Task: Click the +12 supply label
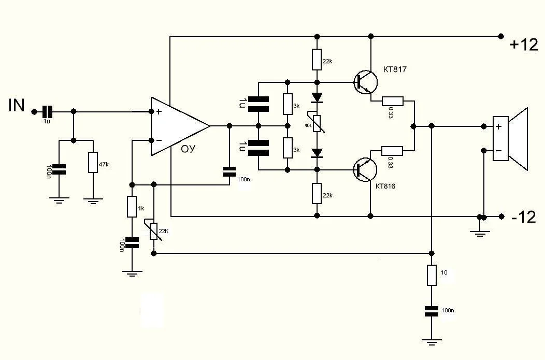click(524, 45)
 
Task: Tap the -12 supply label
click(523, 218)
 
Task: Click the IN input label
click(17, 106)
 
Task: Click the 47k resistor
click(93, 162)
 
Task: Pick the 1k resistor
click(132, 207)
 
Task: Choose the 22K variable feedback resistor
click(154, 231)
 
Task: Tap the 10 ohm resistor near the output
click(432, 275)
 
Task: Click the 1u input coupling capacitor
click(48, 111)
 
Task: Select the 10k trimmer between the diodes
click(317, 123)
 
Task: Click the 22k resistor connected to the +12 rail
click(317, 60)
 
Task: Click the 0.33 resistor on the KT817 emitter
click(392, 101)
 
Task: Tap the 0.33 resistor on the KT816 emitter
click(392, 151)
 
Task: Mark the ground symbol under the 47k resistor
click(93, 200)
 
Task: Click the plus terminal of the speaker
click(498, 126)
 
